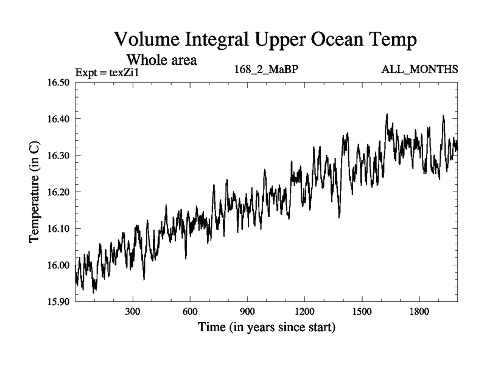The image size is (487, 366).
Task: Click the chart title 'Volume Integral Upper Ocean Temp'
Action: point(265,40)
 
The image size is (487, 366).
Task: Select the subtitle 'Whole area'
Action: point(161,60)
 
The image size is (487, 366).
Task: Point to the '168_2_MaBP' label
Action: point(266,70)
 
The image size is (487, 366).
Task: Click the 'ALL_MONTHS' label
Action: point(419,70)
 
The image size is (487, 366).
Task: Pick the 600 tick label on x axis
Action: point(190,312)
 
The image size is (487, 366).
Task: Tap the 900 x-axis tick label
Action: point(247,312)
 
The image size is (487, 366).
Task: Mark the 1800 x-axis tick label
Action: point(419,312)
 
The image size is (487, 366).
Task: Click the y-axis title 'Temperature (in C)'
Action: point(35,192)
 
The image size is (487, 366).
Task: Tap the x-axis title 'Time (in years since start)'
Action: point(266,328)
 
